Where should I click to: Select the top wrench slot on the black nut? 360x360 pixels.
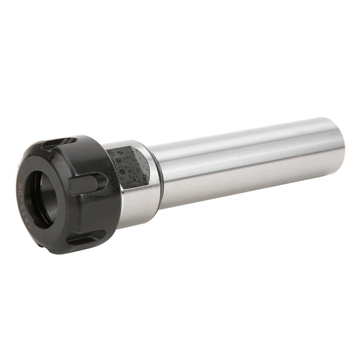tap(59, 142)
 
